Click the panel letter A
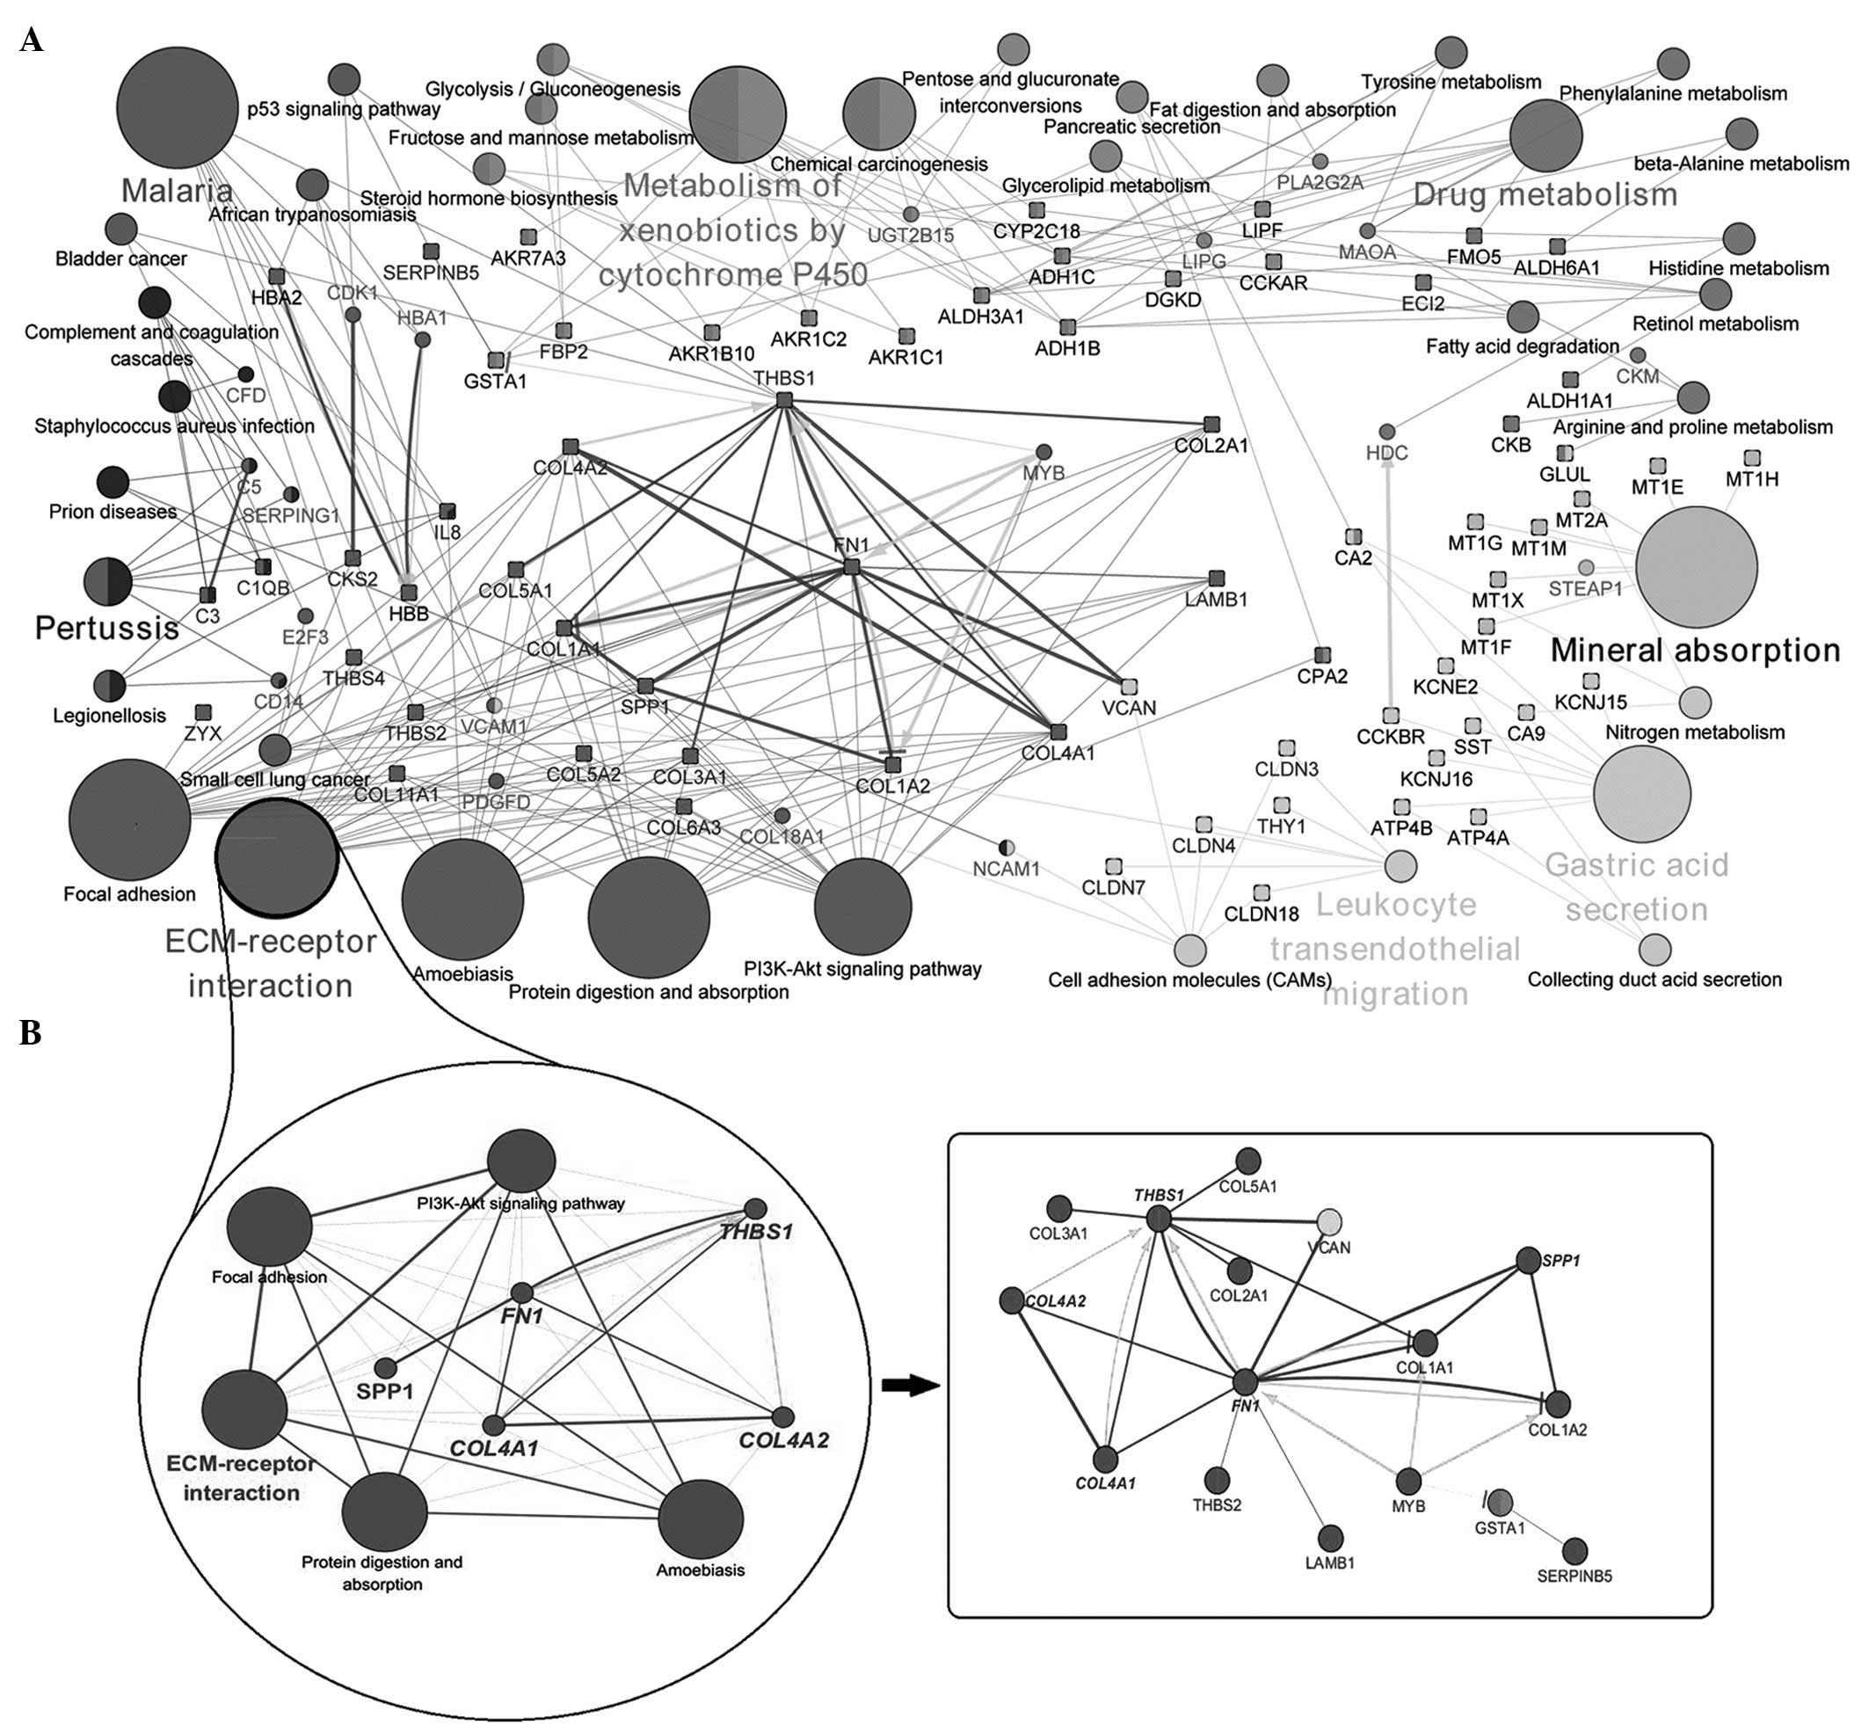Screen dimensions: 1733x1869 pyautogui.click(x=31, y=40)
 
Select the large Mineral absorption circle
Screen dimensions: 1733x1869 pyautogui.click(x=1696, y=566)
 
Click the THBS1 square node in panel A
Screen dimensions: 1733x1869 pyautogui.click(x=784, y=400)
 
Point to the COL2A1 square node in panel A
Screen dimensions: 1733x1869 pyautogui.click(x=1211, y=424)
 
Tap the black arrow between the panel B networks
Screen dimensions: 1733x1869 pyautogui.click(x=911, y=1386)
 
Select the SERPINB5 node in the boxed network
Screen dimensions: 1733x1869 pyautogui.click(x=1574, y=1551)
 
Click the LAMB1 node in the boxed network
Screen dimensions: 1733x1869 pyautogui.click(x=1330, y=1539)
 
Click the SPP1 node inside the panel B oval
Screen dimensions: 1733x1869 pyautogui.click(x=384, y=1369)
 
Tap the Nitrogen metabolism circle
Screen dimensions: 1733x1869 pyautogui.click(x=1695, y=702)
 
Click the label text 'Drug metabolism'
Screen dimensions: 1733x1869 pyautogui.click(x=1545, y=194)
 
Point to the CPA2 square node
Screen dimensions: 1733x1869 pyautogui.click(x=1322, y=654)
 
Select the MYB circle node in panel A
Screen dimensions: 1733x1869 pyautogui.click(x=1043, y=452)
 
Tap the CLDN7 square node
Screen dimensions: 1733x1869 pyautogui.click(x=1113, y=865)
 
